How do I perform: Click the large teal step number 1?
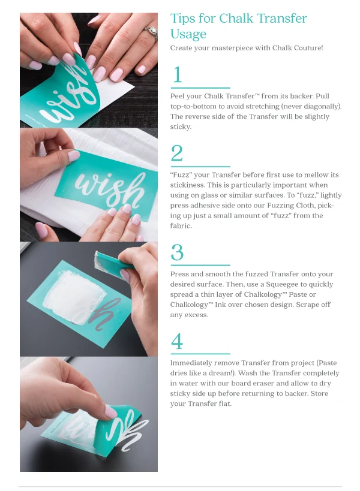[178, 74]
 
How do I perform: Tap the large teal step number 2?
[177, 153]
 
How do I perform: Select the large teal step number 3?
[177, 252]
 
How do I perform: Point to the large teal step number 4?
[177, 341]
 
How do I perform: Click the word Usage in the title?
[188, 34]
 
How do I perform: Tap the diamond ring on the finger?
[152, 32]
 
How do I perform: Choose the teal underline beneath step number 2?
[200, 167]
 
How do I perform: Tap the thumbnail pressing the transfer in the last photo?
[110, 411]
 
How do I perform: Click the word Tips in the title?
[181, 19]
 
